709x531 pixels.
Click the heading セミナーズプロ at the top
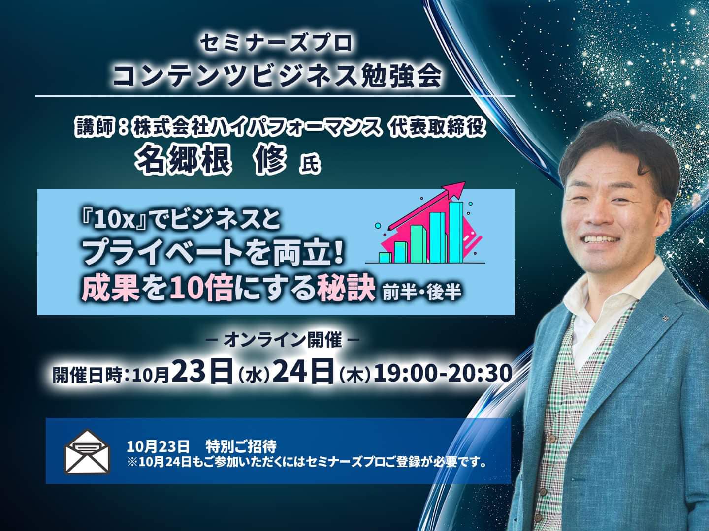pyautogui.click(x=276, y=44)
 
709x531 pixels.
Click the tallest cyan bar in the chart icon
pyautogui.click(x=456, y=232)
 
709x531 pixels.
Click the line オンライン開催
pyautogui.click(x=283, y=340)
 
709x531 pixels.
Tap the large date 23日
pyautogui.click(x=202, y=373)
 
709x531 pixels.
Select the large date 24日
pyautogui.click(x=303, y=373)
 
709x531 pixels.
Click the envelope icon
pyautogui.click(x=87, y=451)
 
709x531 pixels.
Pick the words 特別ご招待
pyautogui.click(x=241, y=446)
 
